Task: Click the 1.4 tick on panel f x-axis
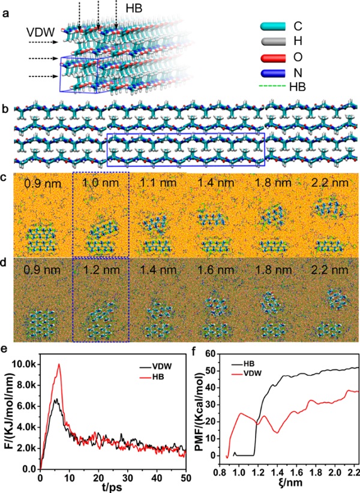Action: [x=260, y=474]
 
